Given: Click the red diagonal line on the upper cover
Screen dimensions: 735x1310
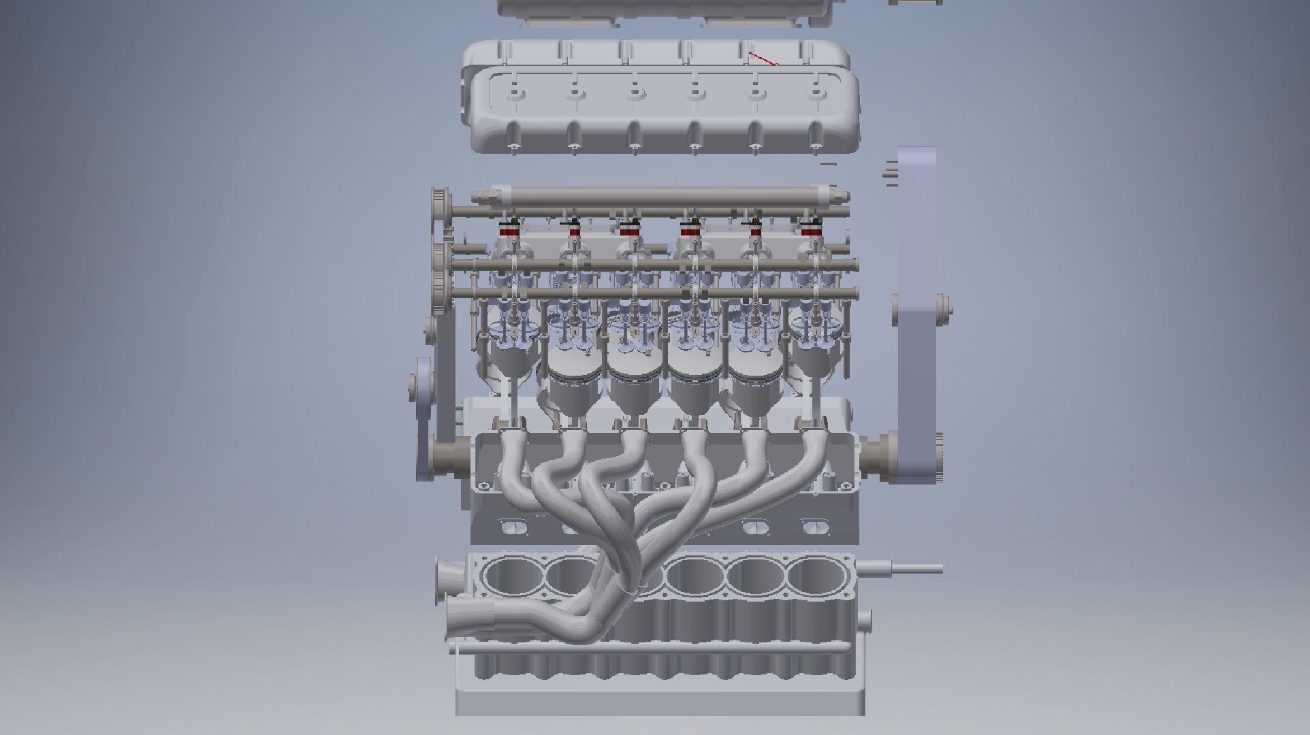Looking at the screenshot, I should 763,59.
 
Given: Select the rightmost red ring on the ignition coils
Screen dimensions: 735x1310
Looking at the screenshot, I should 809,232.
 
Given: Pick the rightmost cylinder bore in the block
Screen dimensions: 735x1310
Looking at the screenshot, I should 816,576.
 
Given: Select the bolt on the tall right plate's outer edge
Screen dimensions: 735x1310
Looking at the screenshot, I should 943,310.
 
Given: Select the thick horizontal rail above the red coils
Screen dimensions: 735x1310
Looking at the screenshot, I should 660,195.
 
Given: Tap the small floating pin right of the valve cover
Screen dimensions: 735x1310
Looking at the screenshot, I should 828,163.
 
